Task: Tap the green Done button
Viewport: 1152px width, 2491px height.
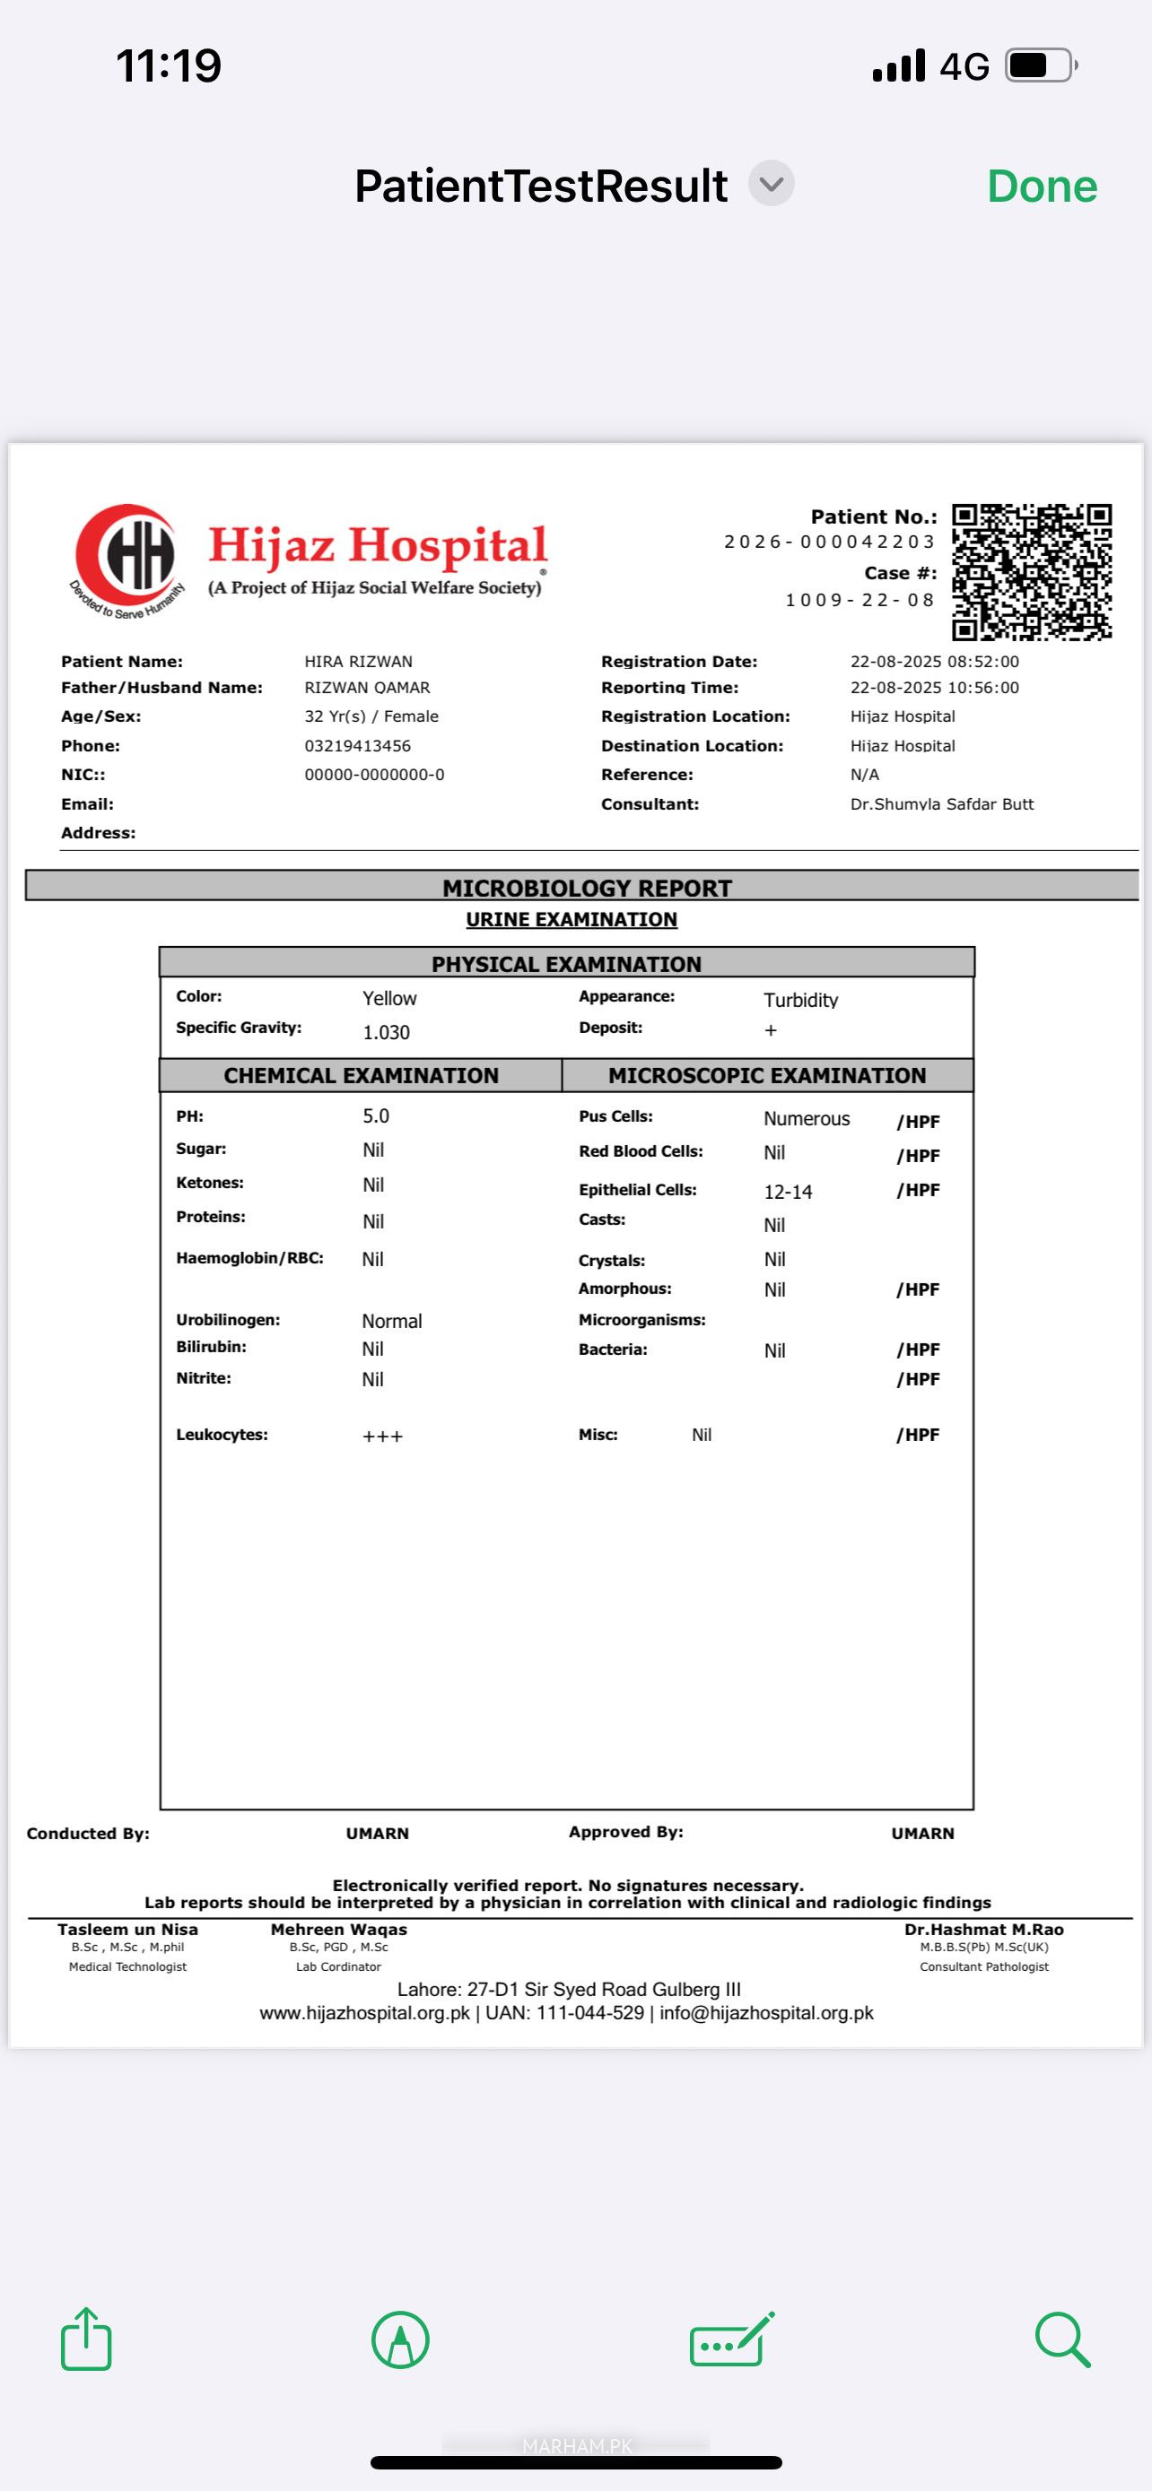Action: click(x=1042, y=186)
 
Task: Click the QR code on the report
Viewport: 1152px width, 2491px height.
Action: click(x=1031, y=571)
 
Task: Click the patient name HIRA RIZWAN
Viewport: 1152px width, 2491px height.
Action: click(x=358, y=662)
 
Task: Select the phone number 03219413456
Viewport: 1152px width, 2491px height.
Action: click(x=357, y=745)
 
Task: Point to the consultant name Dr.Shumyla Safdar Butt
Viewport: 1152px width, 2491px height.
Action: click(x=941, y=803)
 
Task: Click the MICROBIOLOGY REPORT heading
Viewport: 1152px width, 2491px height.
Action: click(x=586, y=888)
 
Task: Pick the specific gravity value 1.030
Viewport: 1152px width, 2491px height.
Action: click(x=386, y=1032)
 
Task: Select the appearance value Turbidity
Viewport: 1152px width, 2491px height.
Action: click(x=800, y=1000)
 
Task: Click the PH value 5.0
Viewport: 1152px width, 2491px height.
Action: click(x=375, y=1115)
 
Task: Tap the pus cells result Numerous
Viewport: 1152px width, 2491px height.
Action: click(x=806, y=1119)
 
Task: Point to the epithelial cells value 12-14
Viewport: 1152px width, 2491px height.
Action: click(x=788, y=1192)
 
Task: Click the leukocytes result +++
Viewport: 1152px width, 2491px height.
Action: click(x=382, y=1436)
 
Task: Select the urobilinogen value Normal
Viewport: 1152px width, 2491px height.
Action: click(x=392, y=1321)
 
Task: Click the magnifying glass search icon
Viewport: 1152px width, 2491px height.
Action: click(x=1062, y=2339)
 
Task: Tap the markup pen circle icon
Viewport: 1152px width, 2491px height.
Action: click(x=399, y=2339)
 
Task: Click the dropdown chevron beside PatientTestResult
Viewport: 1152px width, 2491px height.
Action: click(x=771, y=184)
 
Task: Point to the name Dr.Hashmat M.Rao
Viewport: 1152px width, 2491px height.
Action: click(x=982, y=1929)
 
